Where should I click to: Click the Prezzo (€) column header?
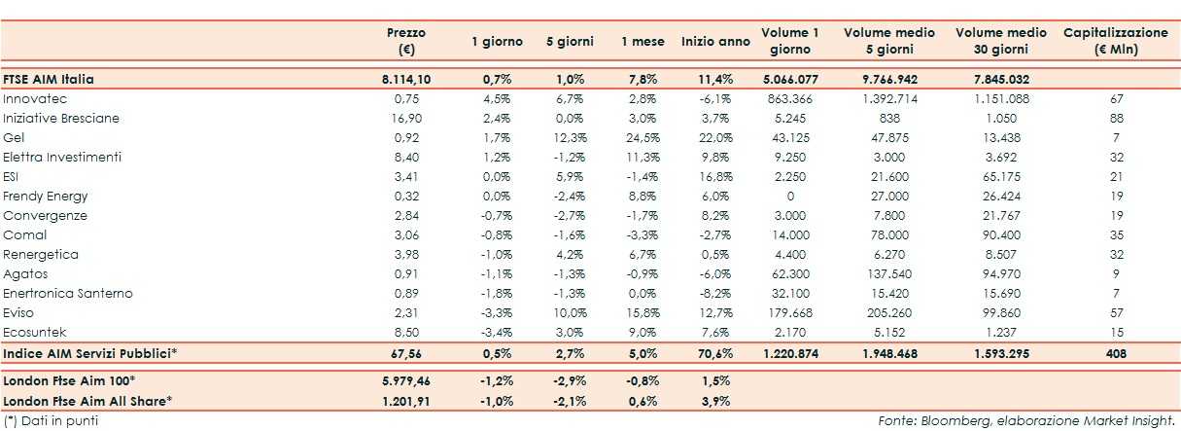406,41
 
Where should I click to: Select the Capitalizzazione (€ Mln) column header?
1115,41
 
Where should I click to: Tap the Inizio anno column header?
715,42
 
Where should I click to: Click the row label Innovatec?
35,99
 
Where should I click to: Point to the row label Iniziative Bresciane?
61,119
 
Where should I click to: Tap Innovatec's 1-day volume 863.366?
791,99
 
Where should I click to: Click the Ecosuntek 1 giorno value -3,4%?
497,333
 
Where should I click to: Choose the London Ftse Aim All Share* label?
87,400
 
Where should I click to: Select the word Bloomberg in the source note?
951,420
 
